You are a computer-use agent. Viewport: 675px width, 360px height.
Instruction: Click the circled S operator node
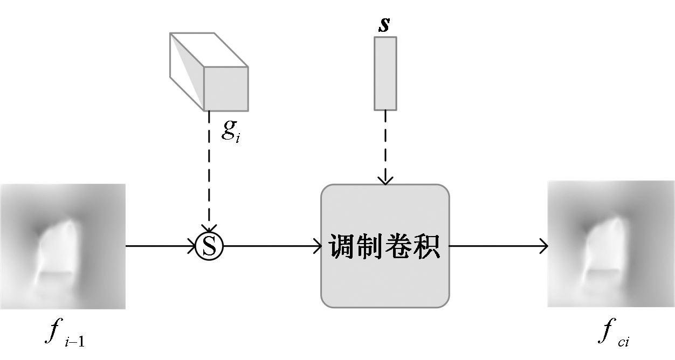[x=209, y=246]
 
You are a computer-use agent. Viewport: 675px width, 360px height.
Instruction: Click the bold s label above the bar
[x=384, y=25]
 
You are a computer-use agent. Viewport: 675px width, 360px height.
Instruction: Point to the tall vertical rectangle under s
[x=385, y=73]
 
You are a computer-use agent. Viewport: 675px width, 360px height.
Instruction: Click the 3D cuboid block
[x=209, y=71]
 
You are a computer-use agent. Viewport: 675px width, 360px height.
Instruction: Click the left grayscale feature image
[x=63, y=246]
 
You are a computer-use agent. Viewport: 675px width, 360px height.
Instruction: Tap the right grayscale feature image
[x=611, y=244]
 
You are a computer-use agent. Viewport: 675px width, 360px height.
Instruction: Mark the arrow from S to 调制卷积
[x=272, y=246]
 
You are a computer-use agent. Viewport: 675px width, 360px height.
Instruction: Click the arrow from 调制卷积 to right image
[x=498, y=246]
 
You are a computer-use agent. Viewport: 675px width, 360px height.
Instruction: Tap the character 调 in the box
[x=343, y=247]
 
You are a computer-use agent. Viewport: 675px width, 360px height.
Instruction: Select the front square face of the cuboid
[x=226, y=89]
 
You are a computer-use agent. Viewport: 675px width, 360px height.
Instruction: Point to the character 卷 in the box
[x=399, y=247]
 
